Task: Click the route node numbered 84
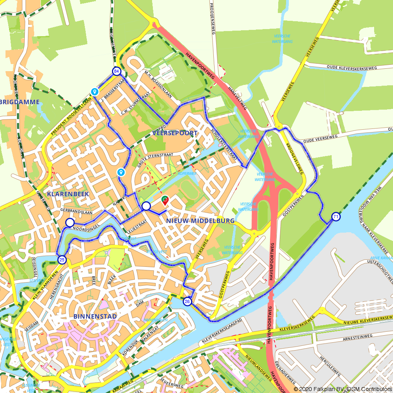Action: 116,71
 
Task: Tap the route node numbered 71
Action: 336,217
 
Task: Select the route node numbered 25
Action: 62,259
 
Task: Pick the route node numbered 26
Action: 187,301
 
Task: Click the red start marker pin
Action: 165,200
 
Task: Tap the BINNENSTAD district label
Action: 95,316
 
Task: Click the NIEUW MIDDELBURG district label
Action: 200,221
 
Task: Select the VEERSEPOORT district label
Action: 175,133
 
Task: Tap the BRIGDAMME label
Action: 20,102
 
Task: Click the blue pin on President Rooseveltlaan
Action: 94,91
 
